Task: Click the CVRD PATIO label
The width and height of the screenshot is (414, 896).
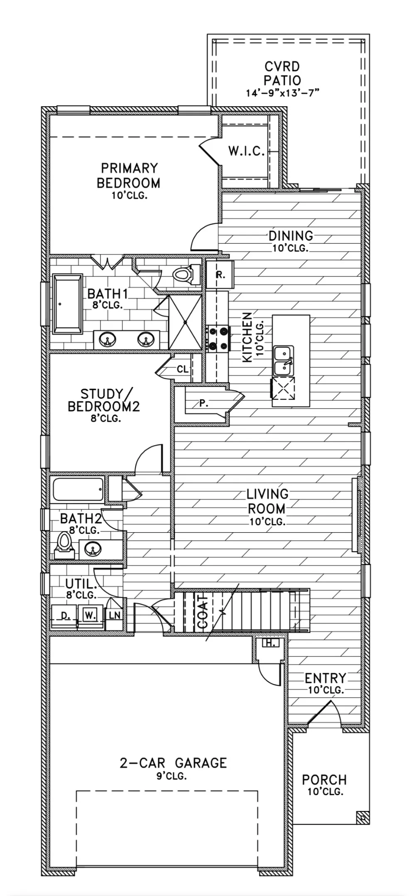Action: coord(282,73)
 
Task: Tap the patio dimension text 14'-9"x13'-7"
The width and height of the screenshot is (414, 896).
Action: coord(282,93)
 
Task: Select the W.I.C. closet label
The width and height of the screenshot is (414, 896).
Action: coord(246,151)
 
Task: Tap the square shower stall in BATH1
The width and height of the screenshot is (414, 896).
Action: coord(185,322)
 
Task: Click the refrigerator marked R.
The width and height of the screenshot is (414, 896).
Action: coord(220,274)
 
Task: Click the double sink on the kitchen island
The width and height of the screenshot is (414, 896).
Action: coord(284,360)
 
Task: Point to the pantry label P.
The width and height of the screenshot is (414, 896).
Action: coord(203,403)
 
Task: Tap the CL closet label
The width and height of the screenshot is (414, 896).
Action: coord(182,369)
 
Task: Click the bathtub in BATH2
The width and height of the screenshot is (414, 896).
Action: coord(78,489)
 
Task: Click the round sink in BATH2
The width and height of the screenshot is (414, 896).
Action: coord(93,549)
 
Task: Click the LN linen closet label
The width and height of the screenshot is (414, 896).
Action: coord(115,615)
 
